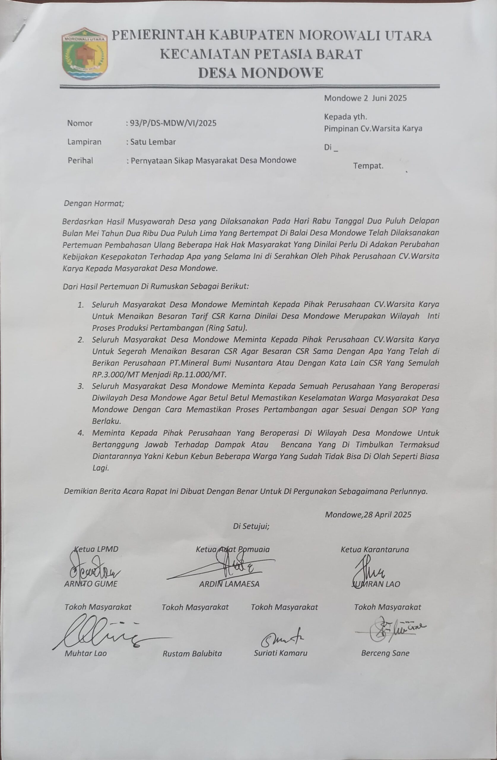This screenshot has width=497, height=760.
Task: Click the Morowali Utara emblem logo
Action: point(84,54)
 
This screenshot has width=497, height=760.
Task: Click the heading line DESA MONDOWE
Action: point(261,73)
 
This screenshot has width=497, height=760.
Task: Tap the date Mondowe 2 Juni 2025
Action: point(365,98)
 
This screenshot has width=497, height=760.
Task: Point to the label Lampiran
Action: point(84,142)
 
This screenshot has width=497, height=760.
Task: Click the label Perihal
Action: point(80,160)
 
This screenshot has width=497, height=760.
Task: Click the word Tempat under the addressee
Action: point(368,166)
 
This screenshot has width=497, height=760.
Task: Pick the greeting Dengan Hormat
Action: point(94,203)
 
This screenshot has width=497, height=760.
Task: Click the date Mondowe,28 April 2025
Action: point(368,514)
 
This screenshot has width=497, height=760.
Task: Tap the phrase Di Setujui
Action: point(251,526)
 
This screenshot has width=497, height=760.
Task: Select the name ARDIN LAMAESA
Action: point(229,584)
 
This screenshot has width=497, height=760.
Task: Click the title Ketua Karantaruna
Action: point(374,550)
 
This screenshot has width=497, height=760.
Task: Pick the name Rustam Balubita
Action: point(192,653)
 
